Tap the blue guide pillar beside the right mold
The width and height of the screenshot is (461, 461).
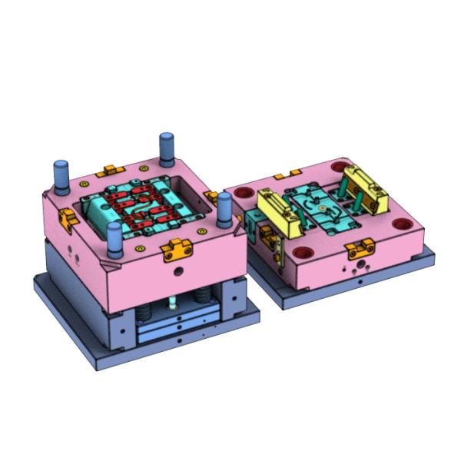click(224, 211)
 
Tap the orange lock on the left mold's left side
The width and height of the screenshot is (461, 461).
click(68, 219)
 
